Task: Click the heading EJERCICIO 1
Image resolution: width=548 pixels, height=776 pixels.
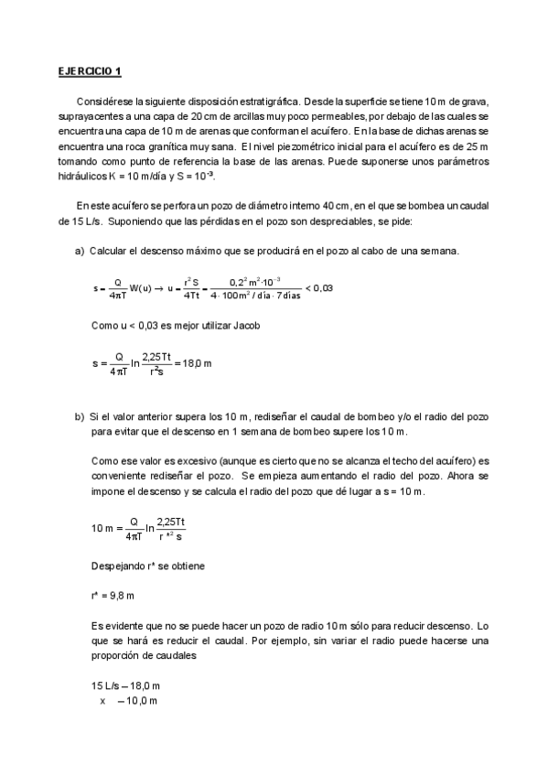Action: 89,71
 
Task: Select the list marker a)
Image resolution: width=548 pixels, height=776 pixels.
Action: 80,251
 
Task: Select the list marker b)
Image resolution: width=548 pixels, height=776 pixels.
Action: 80,416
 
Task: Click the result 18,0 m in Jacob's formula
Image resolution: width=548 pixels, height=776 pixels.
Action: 195,363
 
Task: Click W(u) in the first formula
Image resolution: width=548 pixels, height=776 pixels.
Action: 140,288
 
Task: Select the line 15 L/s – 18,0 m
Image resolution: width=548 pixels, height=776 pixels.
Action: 125,685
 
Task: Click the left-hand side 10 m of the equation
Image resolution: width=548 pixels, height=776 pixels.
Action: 102,528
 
